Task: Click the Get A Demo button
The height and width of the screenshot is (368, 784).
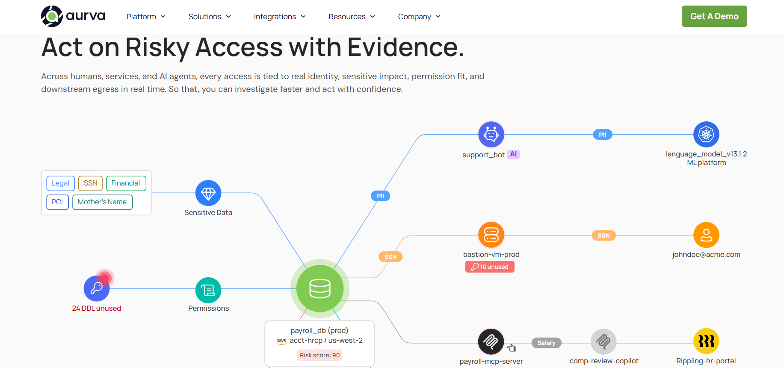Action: [x=714, y=16]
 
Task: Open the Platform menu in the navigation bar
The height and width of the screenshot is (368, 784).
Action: [x=146, y=17]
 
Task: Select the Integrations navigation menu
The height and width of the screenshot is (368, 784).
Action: [x=280, y=17]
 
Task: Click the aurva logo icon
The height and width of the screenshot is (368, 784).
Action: [x=52, y=16]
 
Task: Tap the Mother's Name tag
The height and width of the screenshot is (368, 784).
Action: [x=102, y=202]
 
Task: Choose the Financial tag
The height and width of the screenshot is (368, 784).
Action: [x=126, y=183]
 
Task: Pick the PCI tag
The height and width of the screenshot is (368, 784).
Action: [x=57, y=202]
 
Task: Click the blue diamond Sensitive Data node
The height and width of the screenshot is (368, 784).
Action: [x=208, y=193]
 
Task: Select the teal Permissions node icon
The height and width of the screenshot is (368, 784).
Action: [x=208, y=290]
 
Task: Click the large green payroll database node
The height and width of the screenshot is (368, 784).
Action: [x=320, y=289]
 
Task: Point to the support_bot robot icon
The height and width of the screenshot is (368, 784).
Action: [x=491, y=135]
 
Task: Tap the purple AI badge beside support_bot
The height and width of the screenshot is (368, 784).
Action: [x=513, y=154]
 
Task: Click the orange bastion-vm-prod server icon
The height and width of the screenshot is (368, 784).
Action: [x=491, y=235]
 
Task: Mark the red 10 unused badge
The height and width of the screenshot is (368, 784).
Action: [x=490, y=267]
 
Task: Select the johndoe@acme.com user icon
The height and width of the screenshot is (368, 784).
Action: [x=706, y=235]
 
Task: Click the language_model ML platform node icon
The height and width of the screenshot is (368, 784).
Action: [x=706, y=135]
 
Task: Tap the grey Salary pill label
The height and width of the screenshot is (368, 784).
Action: [x=546, y=343]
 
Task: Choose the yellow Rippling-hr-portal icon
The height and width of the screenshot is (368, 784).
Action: [x=706, y=341]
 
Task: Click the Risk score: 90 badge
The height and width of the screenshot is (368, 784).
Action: [x=320, y=355]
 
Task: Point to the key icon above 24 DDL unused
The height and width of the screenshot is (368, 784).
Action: [x=97, y=289]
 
